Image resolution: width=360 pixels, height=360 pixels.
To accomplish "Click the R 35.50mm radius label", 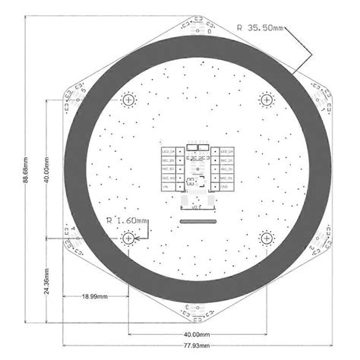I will (261, 27).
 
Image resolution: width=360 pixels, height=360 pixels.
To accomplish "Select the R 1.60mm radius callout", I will (126, 221).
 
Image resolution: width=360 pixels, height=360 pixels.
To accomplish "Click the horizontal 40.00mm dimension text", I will (196, 334).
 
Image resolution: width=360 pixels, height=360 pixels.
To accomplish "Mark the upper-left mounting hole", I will (129, 99).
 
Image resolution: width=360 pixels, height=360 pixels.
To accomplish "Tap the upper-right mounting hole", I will (267, 99).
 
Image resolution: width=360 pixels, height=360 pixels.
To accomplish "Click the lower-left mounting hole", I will (129, 238).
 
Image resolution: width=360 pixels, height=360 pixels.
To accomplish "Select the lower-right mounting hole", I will (267, 238).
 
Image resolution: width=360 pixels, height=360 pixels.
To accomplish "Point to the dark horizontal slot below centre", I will (198, 221).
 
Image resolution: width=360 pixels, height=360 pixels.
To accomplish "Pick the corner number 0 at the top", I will (209, 33).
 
